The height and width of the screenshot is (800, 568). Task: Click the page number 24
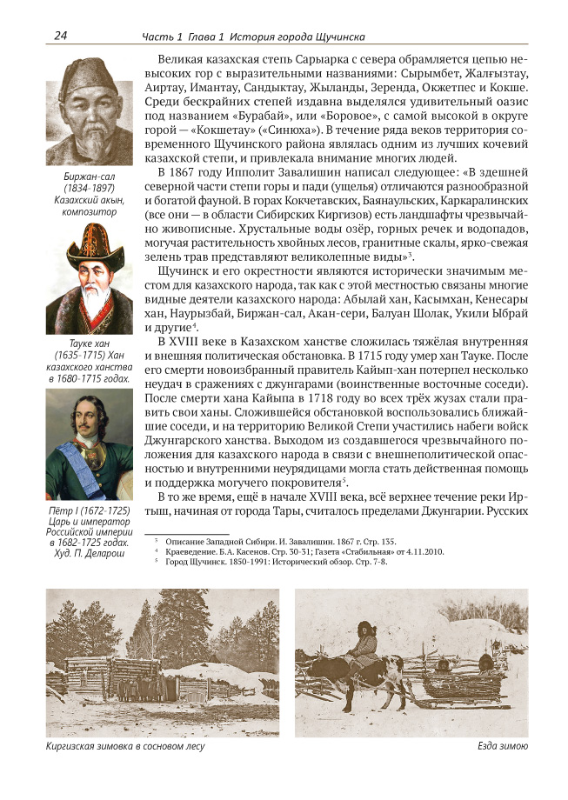pyautogui.click(x=61, y=36)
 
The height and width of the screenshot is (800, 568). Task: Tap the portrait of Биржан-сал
pyautogui.click(x=90, y=113)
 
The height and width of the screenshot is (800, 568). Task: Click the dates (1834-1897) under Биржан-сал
pyautogui.click(x=90, y=189)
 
